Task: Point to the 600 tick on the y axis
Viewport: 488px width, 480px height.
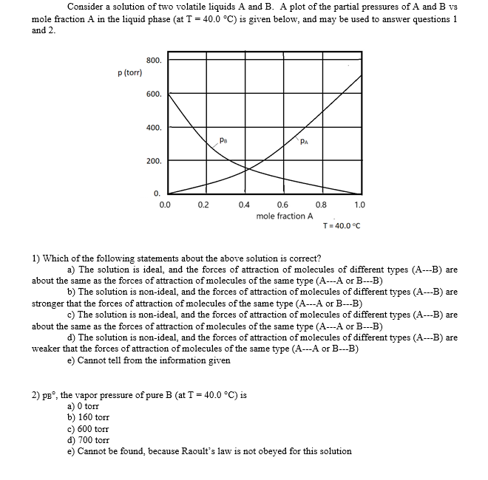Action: coord(154,95)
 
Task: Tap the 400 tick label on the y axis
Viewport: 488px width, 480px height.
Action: coord(154,128)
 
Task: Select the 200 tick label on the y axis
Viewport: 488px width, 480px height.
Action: coord(154,160)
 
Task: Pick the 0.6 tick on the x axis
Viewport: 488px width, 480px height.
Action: coord(282,205)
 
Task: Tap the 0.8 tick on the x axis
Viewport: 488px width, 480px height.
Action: coord(321,205)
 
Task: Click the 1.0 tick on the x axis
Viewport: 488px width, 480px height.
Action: coord(360,205)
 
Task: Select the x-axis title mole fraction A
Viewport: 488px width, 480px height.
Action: coord(285,216)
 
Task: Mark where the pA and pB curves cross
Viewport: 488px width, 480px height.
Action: coord(248,168)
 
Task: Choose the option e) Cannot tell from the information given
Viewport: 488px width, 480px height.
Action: coord(149,360)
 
